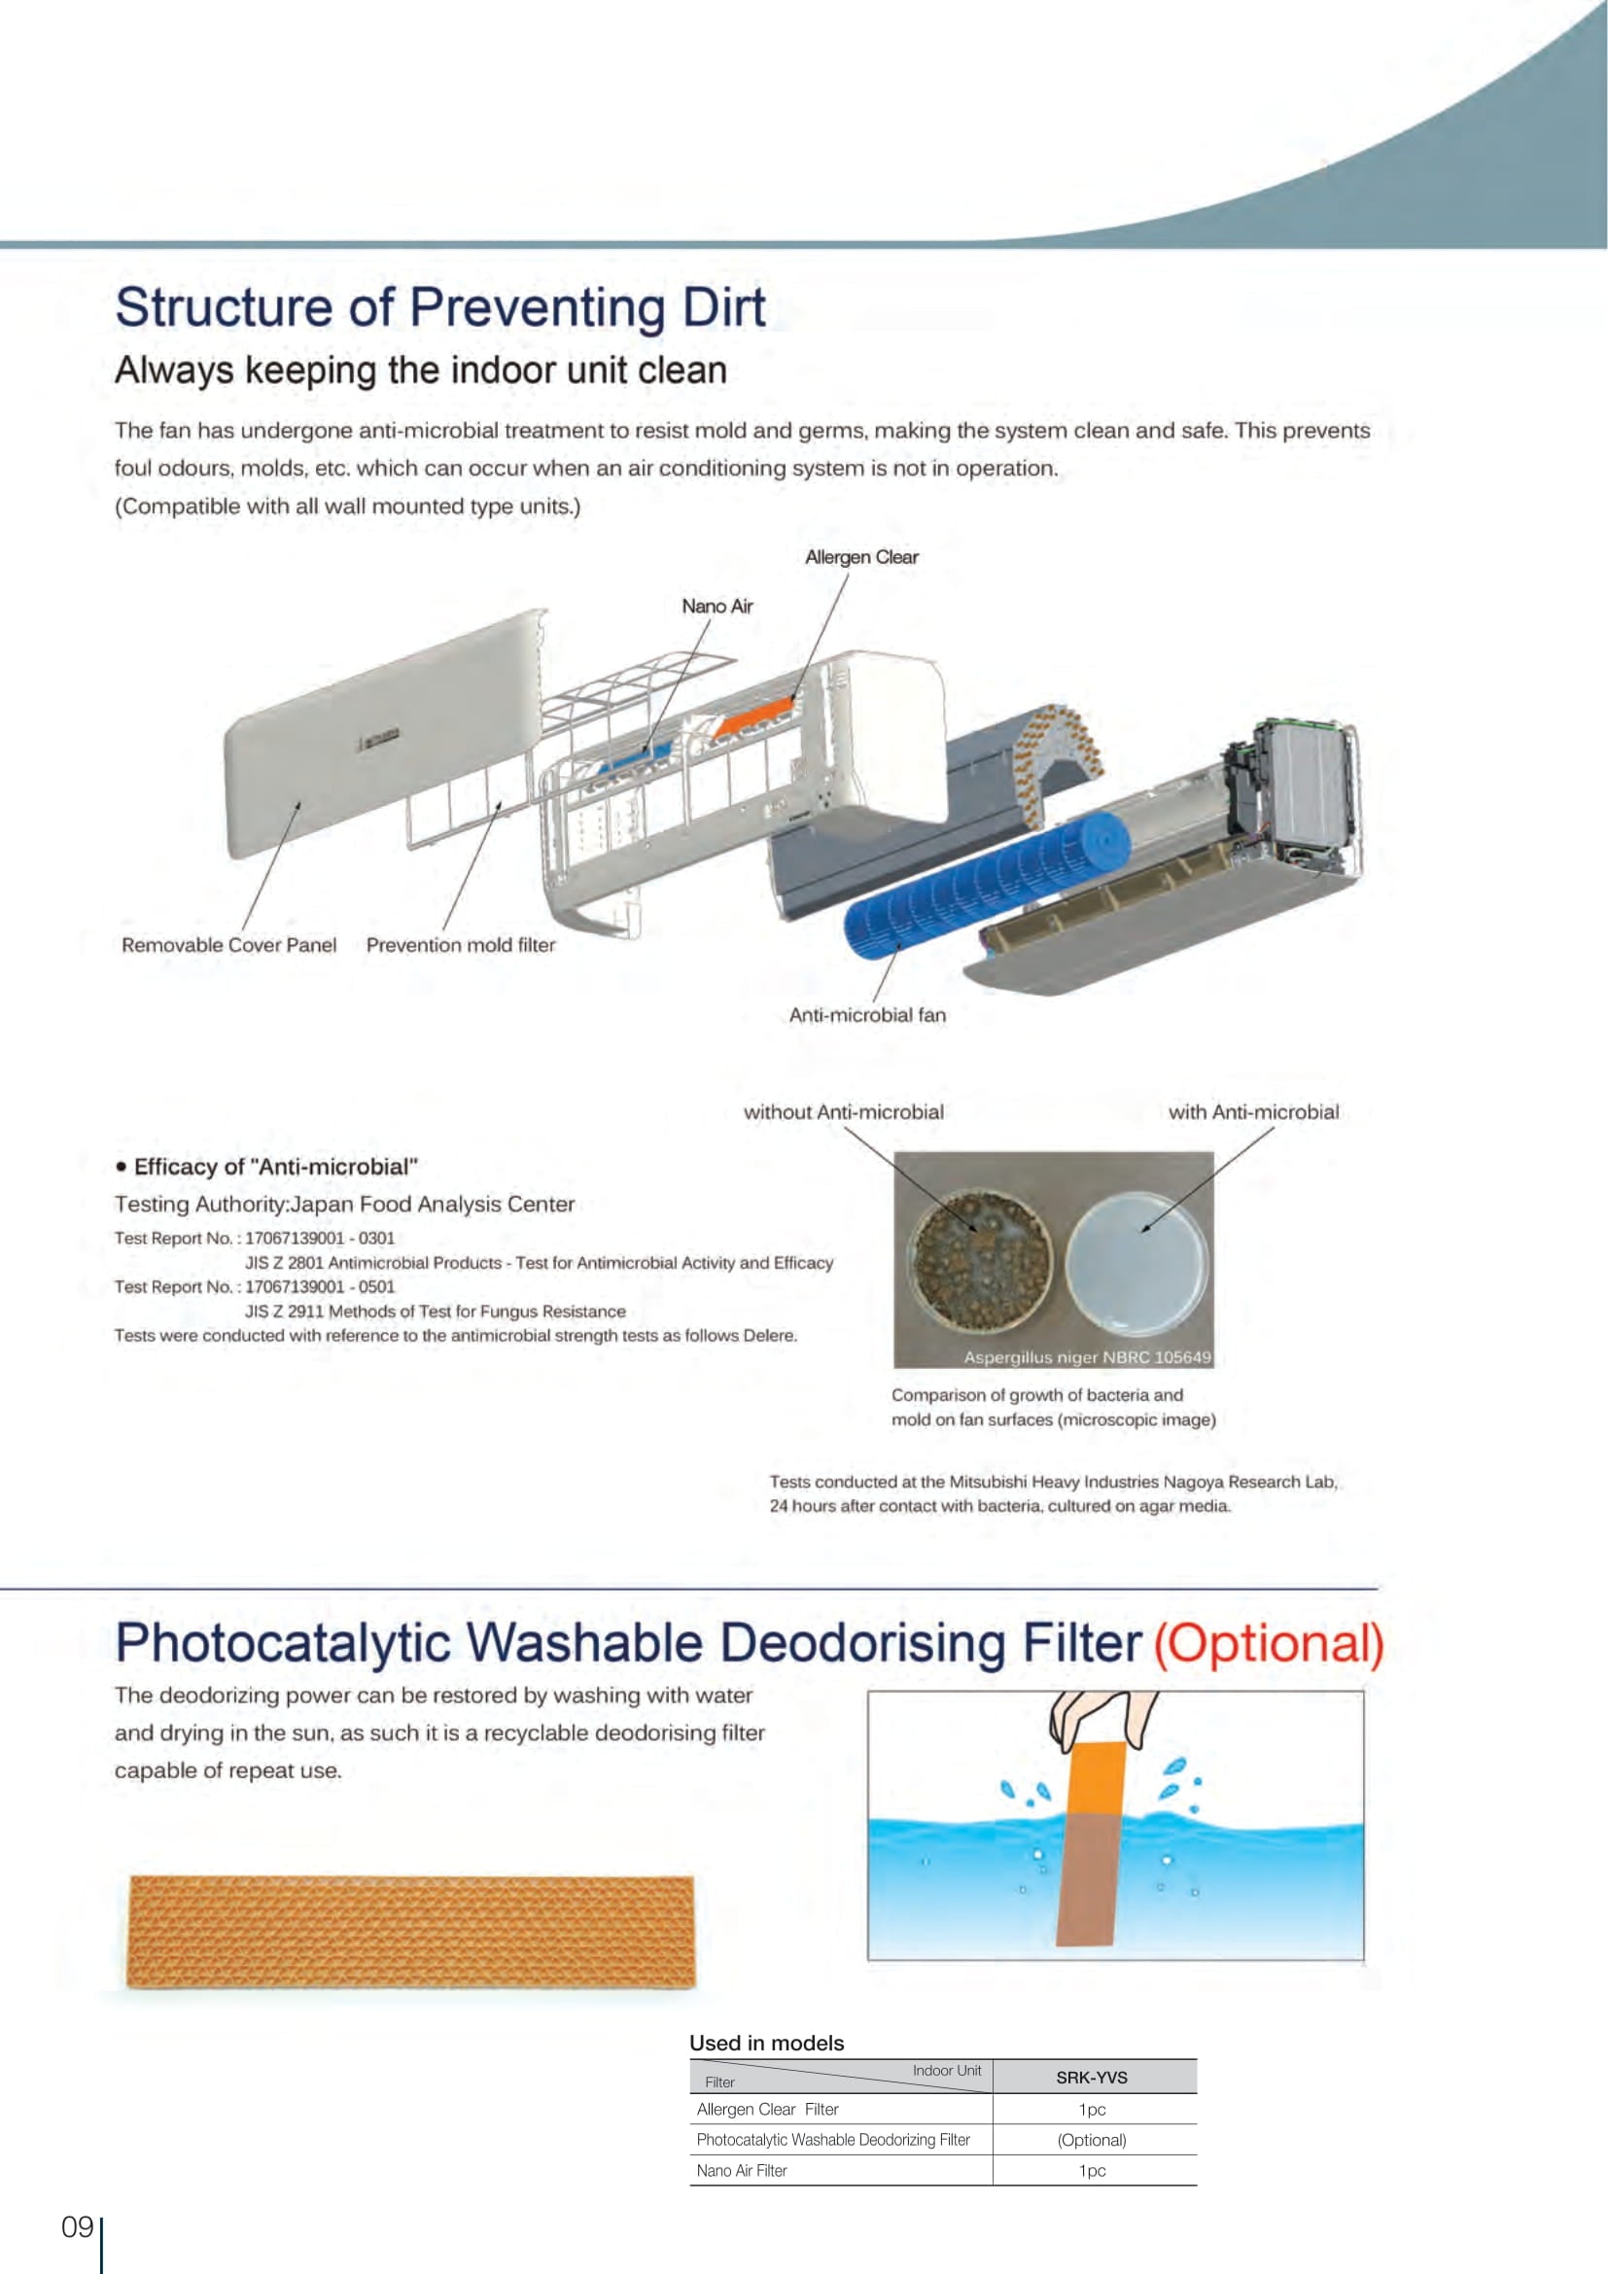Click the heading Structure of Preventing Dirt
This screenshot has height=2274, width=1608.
click(x=439, y=307)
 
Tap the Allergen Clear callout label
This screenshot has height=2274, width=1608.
click(x=861, y=558)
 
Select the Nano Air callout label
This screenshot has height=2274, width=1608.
click(x=717, y=606)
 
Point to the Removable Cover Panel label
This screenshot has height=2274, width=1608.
click(x=228, y=945)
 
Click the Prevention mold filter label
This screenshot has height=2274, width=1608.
click(x=461, y=945)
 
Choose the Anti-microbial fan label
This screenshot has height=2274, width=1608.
click(x=866, y=1015)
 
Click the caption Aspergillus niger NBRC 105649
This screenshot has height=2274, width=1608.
click(x=1087, y=1357)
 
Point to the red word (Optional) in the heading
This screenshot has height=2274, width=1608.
click(x=1269, y=1643)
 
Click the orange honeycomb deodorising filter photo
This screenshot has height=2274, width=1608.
click(x=411, y=1931)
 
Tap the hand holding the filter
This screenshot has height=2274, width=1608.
click(x=1101, y=1718)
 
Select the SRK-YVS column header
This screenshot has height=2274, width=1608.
click(x=1091, y=2077)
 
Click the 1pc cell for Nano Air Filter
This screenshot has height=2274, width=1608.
click(x=1091, y=2170)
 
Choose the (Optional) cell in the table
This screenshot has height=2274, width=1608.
click(x=1091, y=2139)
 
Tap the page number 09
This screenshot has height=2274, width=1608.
click(x=77, y=2227)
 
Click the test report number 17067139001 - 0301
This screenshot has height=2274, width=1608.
click(x=320, y=1238)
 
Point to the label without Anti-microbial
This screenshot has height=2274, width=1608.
click(x=844, y=1112)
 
